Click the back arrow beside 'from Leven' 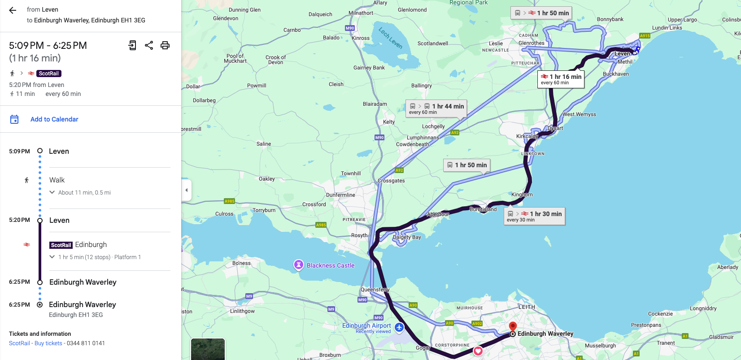13,10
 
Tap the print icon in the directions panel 165,45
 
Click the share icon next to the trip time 149,45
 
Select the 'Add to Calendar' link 54,119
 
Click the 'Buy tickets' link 48,343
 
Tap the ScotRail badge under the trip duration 48,74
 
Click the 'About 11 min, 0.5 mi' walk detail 84,192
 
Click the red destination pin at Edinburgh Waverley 513,326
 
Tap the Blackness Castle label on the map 330,265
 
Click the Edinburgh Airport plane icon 399,328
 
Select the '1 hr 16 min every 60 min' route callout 561,79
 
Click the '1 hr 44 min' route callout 436,108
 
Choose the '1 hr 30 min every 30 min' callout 535,216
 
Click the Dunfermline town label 340,195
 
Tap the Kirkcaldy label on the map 527,136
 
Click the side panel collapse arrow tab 187,190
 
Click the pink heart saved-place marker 478,351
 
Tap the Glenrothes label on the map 532,43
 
